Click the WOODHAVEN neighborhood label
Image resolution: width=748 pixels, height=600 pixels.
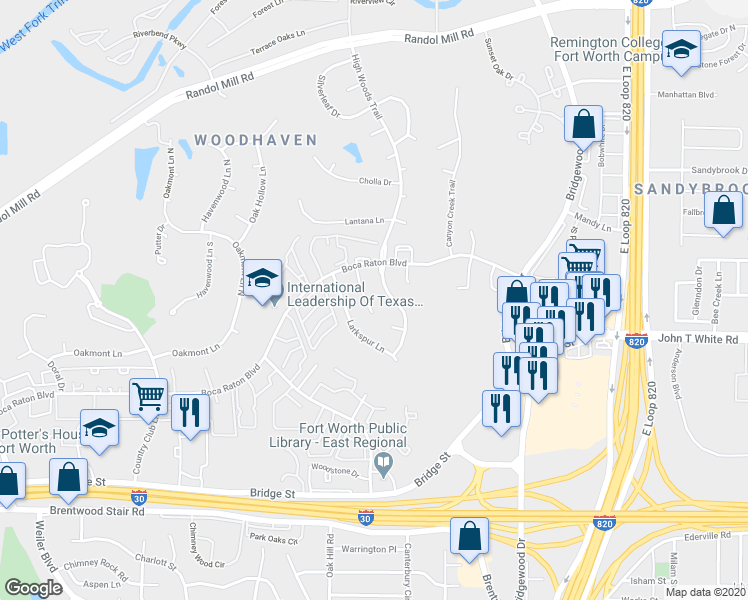click(255, 140)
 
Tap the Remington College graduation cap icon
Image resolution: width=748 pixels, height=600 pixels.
click(681, 51)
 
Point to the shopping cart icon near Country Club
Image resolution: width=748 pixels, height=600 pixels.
click(149, 397)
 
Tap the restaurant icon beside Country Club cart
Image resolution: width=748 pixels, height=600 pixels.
click(189, 412)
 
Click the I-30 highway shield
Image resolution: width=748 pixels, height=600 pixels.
click(367, 517)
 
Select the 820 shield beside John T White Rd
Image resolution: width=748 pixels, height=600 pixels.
click(636, 340)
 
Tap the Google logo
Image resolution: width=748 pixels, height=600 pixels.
click(33, 588)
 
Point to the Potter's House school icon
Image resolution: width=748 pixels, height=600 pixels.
click(99, 429)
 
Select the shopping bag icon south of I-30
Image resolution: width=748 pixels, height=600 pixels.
click(469, 537)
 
